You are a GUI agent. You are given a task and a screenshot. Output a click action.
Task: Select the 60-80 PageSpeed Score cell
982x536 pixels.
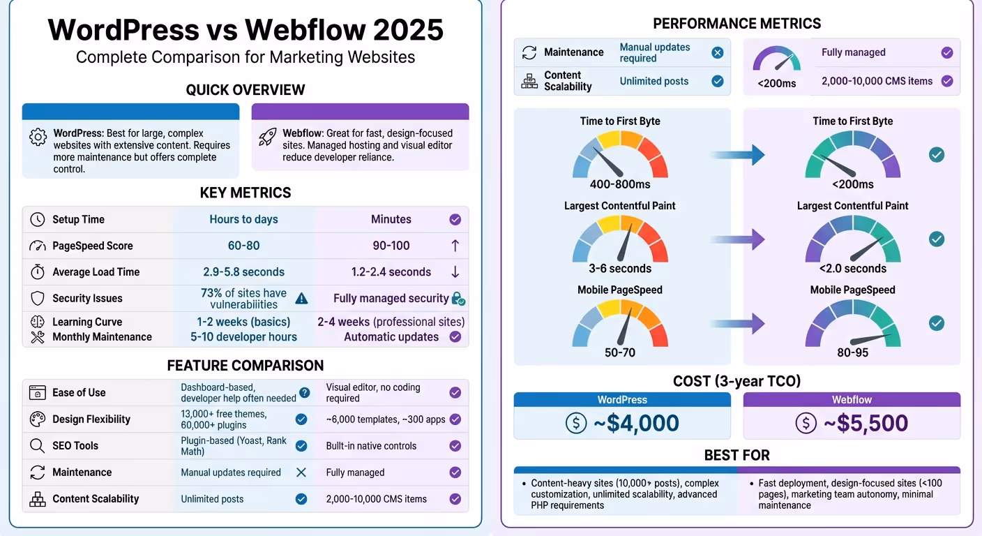(x=243, y=246)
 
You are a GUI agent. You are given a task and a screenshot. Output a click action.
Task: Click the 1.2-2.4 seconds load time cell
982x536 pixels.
(x=391, y=272)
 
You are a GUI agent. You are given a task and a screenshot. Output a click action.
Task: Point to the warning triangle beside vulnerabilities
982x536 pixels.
(x=301, y=299)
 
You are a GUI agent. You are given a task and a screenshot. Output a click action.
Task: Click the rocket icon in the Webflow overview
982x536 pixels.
(x=267, y=137)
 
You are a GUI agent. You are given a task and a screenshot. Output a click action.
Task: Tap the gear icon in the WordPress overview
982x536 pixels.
(x=38, y=137)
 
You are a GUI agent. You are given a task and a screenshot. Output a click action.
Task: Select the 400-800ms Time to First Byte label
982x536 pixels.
(x=620, y=184)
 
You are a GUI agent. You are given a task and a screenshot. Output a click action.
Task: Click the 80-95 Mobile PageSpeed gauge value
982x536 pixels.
(x=852, y=352)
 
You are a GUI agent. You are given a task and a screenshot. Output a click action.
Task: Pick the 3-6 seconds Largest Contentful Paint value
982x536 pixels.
(x=620, y=269)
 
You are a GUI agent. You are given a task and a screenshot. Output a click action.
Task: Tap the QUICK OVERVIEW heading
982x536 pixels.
(x=245, y=90)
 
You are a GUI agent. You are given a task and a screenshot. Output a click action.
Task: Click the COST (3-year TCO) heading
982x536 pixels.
(x=736, y=381)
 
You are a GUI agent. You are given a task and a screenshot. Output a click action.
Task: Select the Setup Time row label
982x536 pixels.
(x=78, y=219)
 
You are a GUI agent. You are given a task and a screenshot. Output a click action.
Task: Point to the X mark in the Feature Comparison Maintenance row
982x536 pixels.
(x=301, y=472)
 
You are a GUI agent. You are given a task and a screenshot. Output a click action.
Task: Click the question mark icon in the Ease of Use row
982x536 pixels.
(x=304, y=393)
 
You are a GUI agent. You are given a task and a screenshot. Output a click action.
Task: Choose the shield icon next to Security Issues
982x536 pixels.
(x=38, y=299)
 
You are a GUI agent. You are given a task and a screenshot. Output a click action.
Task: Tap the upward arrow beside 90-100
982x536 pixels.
(x=455, y=246)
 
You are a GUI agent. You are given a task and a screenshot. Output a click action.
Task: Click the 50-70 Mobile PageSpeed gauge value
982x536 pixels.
(x=620, y=352)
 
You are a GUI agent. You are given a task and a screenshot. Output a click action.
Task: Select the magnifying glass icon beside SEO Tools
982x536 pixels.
(x=38, y=446)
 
